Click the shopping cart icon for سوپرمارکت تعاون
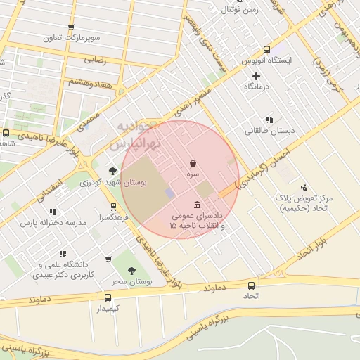click(70, 28)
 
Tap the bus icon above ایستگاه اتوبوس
click(266, 49)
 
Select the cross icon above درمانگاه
click(256, 75)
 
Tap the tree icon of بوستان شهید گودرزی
click(112, 171)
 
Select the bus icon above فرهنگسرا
click(112, 207)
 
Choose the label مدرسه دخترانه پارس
click(53, 222)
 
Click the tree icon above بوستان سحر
click(131, 271)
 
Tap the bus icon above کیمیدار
click(108, 297)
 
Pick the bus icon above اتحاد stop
click(252, 285)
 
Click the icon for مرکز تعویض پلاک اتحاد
click(304, 187)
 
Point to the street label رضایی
click(95, 60)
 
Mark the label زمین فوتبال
click(240, 9)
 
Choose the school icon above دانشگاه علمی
click(63, 254)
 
